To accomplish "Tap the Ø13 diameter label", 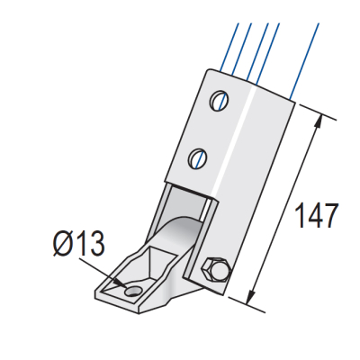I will [78, 243].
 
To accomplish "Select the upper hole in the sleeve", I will [219, 100].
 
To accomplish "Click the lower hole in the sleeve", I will [198, 159].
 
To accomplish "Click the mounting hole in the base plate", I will [132, 292].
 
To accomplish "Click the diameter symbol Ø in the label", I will [62, 243].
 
